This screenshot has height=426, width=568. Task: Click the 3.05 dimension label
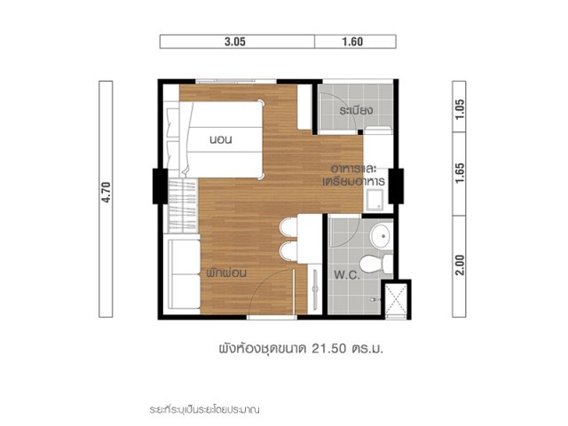coord(234,42)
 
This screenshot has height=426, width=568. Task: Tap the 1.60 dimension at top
coord(352,42)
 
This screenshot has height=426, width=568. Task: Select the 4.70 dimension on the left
coord(106,192)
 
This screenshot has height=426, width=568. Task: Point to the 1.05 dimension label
coord(460,109)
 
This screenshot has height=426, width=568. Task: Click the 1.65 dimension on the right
coord(460,173)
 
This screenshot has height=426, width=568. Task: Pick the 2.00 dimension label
coord(460,265)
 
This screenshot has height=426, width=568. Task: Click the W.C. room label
coord(347,275)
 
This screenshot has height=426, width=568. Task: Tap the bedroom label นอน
coord(221,139)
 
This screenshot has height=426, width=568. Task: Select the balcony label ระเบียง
coord(356,110)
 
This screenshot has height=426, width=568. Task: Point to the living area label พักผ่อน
coord(226,272)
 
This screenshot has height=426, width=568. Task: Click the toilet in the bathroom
coord(376,264)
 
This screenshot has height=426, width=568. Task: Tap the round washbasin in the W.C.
coord(381,235)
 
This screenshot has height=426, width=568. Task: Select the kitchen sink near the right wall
coord(375,199)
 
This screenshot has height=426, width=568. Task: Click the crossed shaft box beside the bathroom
coord(396,300)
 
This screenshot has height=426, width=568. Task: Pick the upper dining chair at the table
coord(288,227)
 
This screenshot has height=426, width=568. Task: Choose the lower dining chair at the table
coord(288,250)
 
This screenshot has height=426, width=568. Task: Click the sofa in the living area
coord(184,274)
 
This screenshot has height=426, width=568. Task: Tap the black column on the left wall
coord(160,185)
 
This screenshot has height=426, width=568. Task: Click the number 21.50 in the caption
coord(328,349)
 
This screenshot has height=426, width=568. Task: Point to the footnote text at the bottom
coord(205,410)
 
